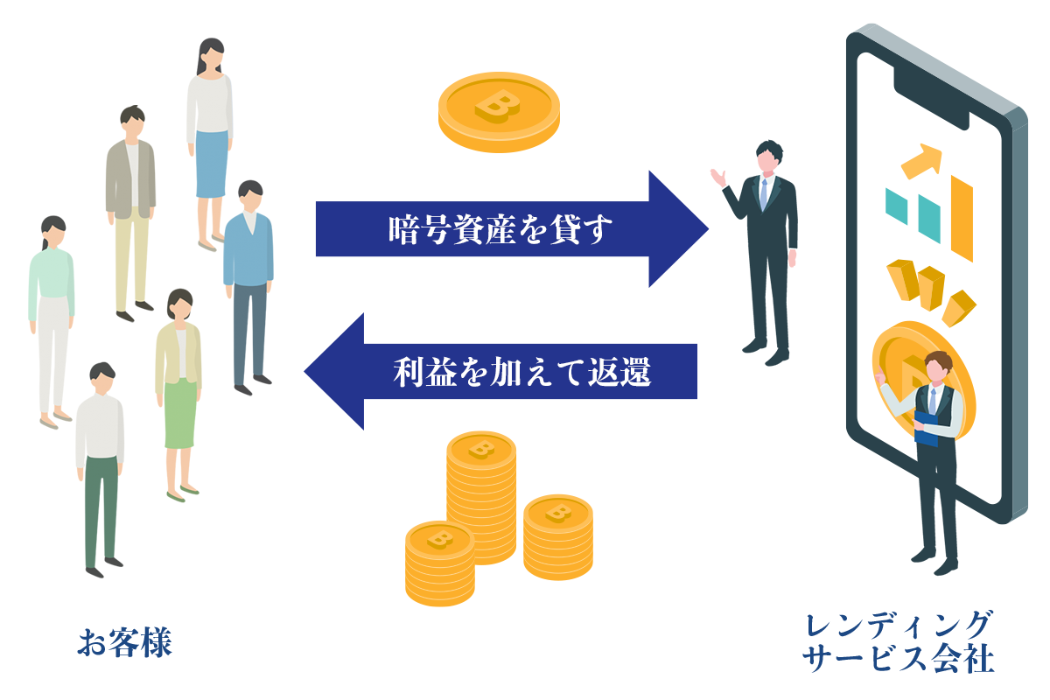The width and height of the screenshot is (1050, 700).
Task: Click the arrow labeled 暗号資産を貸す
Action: [x=507, y=229]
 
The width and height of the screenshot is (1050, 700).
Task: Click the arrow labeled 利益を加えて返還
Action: [x=507, y=372]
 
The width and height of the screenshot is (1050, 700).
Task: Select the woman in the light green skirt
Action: [x=179, y=394]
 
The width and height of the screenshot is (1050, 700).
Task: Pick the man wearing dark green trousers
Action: [x=101, y=472]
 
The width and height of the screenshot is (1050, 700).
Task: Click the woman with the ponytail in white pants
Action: [x=52, y=315]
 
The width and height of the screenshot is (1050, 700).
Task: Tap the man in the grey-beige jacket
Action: [x=131, y=210]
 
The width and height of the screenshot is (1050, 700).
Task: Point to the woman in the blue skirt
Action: [x=209, y=140]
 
